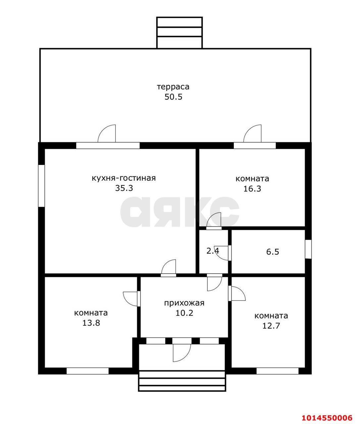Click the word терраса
(x=173, y=87)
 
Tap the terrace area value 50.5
(x=173, y=97)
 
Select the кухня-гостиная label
(x=124, y=178)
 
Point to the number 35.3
(x=124, y=188)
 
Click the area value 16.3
(x=252, y=188)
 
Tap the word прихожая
(x=184, y=303)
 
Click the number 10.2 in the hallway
(x=184, y=313)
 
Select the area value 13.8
(x=91, y=323)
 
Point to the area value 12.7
(x=271, y=326)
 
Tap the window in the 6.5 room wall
(x=308, y=249)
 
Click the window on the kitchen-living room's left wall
(x=41, y=186)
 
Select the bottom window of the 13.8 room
(x=87, y=371)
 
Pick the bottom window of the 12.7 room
(x=278, y=371)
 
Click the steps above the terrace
(x=180, y=32)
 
